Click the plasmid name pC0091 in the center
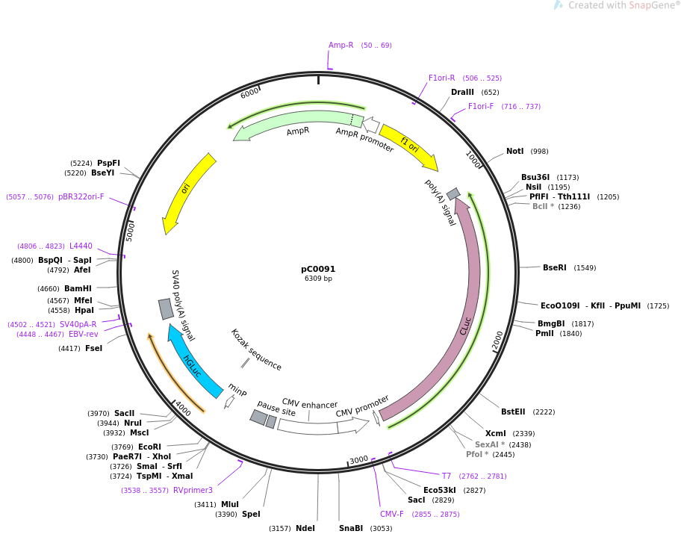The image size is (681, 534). tap(318, 269)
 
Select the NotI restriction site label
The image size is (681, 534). tap(514, 152)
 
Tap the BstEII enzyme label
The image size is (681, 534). tap(512, 412)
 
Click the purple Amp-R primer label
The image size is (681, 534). tap(340, 46)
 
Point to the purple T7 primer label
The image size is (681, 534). tap(447, 476)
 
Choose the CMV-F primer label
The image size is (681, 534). tap(391, 514)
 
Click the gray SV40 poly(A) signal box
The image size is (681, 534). tap(166, 308)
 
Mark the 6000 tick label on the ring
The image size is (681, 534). tap(250, 92)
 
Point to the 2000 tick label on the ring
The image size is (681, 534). tap(498, 341)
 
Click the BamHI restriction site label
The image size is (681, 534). tap(78, 289)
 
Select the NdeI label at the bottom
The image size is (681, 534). tap(305, 528)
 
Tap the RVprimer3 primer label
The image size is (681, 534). tap(193, 491)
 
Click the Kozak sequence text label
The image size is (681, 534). tap(255, 350)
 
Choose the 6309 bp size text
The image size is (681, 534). tap(318, 279)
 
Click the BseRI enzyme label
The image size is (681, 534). tap(554, 267)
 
